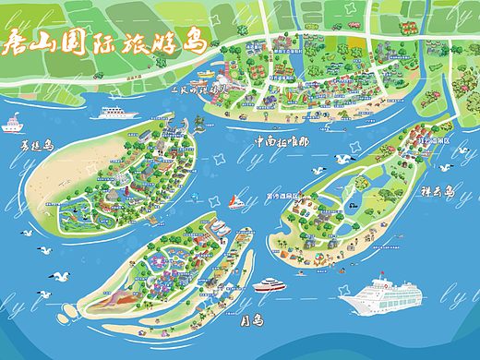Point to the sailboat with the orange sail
click(x=236, y=199)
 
